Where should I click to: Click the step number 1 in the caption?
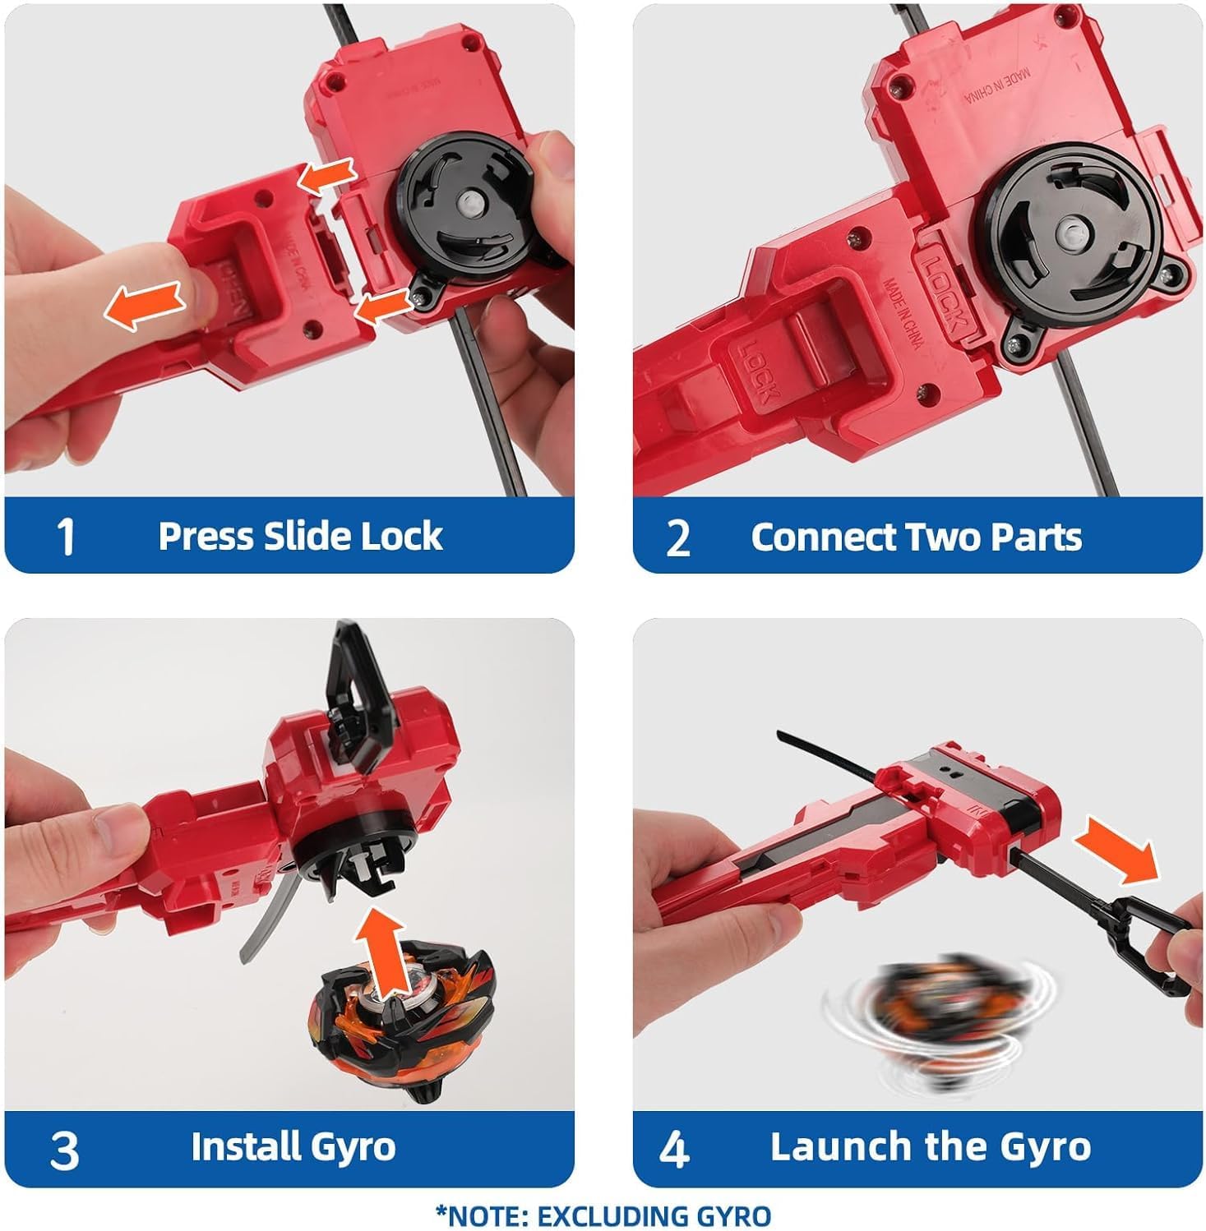click(x=67, y=537)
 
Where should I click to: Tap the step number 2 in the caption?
click(x=677, y=538)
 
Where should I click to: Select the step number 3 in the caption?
click(x=64, y=1150)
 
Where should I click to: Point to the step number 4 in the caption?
click(x=674, y=1150)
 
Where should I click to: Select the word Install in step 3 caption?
click(x=238, y=1146)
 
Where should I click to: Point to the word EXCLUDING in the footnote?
click(x=598, y=1215)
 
